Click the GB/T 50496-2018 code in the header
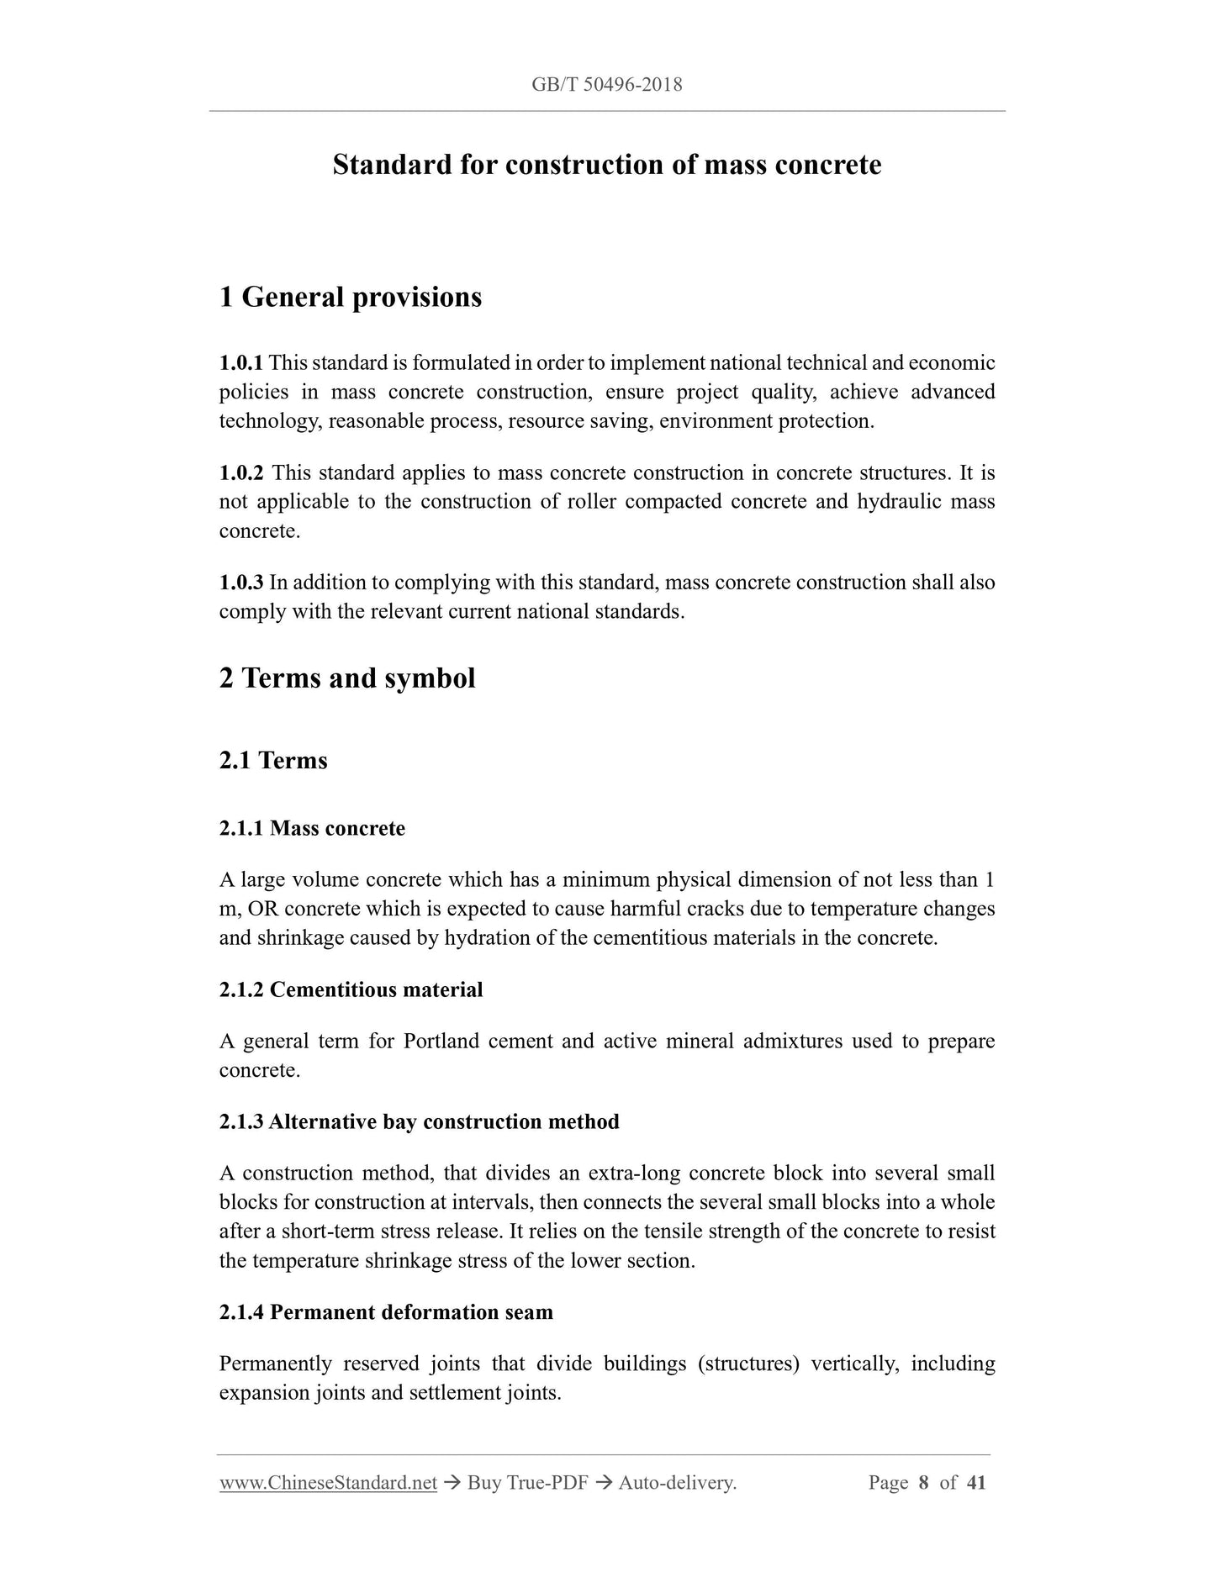click(x=606, y=84)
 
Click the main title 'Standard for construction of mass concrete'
click(x=606, y=164)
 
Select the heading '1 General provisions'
click(x=350, y=297)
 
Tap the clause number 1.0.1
click(x=240, y=363)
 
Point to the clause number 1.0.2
click(x=240, y=473)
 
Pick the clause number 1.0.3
click(x=240, y=583)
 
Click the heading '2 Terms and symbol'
click(x=346, y=678)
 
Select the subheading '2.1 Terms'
click(x=273, y=760)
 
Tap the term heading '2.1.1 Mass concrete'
click(x=312, y=828)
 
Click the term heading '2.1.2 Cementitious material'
click(x=351, y=989)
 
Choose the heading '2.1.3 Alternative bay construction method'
click(x=419, y=1121)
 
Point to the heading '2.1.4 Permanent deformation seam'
click(x=386, y=1312)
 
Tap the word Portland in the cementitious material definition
click(x=441, y=1042)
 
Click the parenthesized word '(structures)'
click(x=747, y=1364)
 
